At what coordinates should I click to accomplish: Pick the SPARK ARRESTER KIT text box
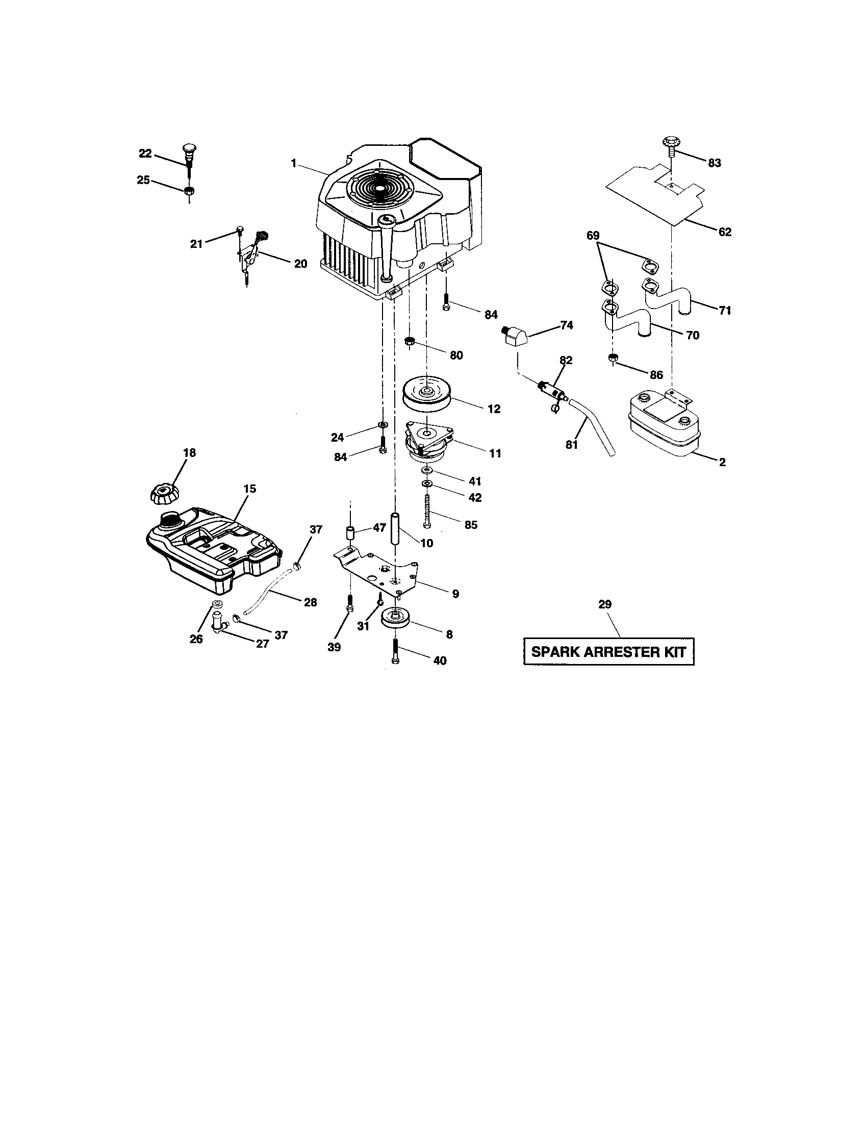click(608, 652)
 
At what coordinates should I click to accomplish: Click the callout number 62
click(724, 232)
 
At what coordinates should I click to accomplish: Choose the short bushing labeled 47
click(351, 532)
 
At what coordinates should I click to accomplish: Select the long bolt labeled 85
click(426, 509)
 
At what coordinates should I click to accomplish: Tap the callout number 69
click(593, 235)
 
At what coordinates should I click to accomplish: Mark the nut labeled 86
click(612, 358)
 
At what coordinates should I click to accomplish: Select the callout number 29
click(604, 604)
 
